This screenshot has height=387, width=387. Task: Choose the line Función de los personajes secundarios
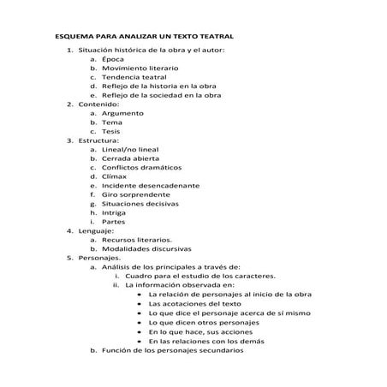172,374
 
